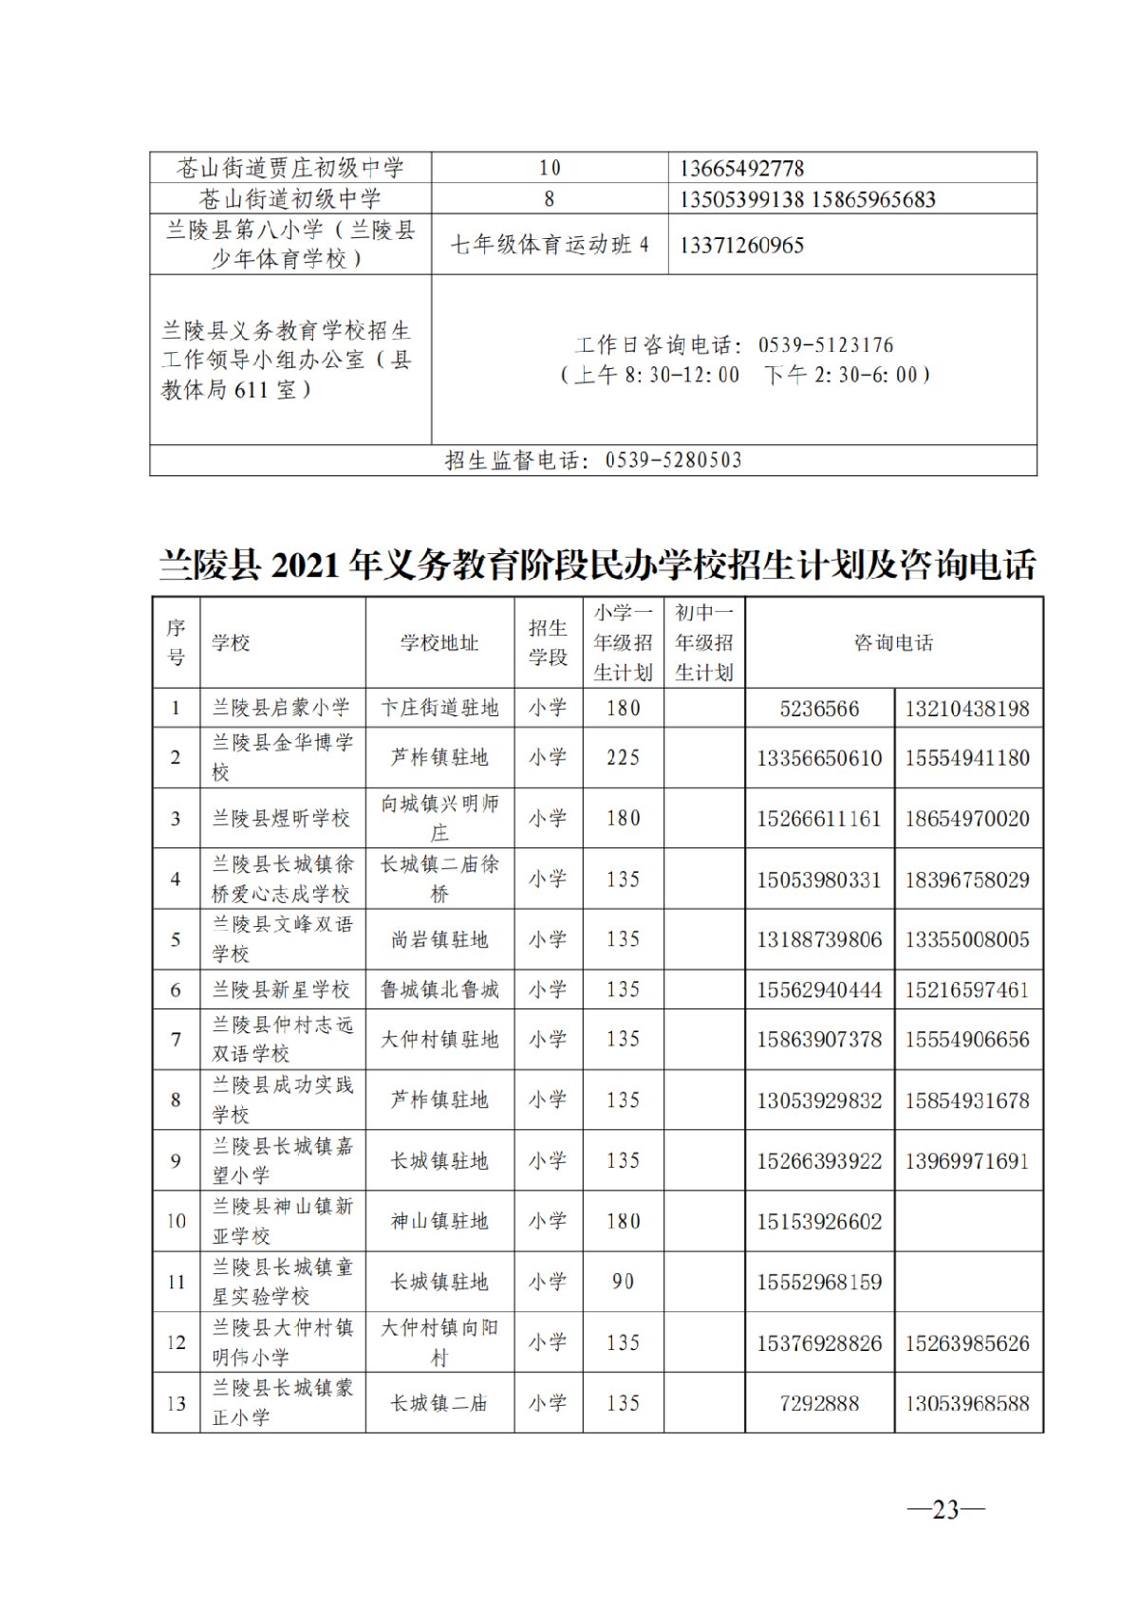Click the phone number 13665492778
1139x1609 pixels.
click(741, 169)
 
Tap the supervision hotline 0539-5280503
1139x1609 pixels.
click(673, 461)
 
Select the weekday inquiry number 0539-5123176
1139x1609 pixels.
click(826, 345)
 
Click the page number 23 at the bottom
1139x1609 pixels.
click(946, 1508)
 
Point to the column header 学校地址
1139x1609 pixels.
click(439, 643)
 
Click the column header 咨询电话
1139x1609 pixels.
click(893, 643)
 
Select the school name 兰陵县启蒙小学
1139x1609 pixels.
click(281, 708)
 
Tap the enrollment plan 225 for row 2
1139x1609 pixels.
click(623, 758)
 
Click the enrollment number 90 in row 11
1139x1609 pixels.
click(623, 1282)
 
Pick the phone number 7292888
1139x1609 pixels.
click(819, 1403)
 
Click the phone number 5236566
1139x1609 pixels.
click(819, 709)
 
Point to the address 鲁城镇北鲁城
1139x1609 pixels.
click(439, 989)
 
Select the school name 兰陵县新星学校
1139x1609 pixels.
click(281, 989)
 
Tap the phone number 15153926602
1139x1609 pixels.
click(819, 1222)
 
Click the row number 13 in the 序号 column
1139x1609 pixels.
click(177, 1403)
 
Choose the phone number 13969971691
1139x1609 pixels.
click(967, 1161)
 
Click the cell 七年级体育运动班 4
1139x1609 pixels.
click(550, 245)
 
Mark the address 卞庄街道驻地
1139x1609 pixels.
click(439, 708)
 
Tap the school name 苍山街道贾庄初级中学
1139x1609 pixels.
click(290, 169)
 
